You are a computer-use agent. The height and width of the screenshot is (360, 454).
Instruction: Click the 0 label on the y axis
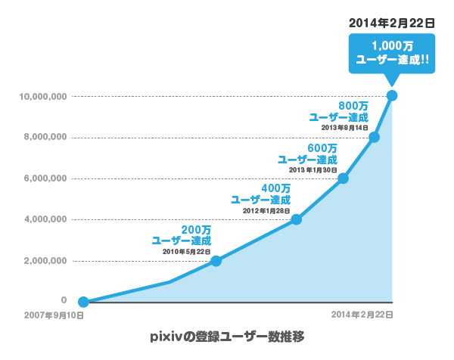[x=64, y=300]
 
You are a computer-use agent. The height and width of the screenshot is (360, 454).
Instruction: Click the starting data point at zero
[x=83, y=302]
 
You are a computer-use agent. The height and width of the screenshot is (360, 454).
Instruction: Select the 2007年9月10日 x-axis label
[x=53, y=315]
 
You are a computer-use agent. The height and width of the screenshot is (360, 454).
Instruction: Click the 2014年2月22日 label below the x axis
[x=362, y=314]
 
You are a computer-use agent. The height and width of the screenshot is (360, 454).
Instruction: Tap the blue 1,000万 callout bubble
[x=392, y=52]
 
